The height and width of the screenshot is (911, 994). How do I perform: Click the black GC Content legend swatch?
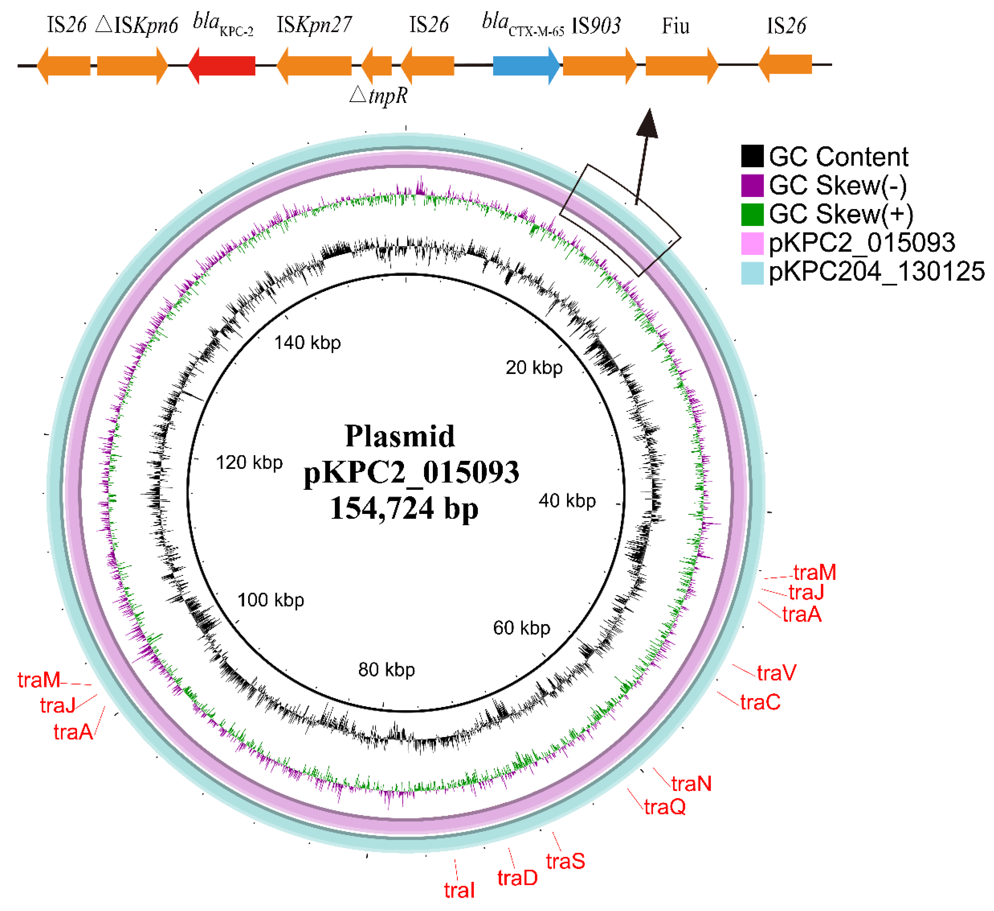(752, 156)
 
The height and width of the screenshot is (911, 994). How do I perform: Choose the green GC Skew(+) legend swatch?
(752, 214)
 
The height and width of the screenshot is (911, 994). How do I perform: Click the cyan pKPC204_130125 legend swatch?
(752, 272)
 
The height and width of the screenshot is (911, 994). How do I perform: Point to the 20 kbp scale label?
(534, 368)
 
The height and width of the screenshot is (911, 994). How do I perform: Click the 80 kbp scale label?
(387, 669)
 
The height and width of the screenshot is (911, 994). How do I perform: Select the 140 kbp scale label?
(307, 342)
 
